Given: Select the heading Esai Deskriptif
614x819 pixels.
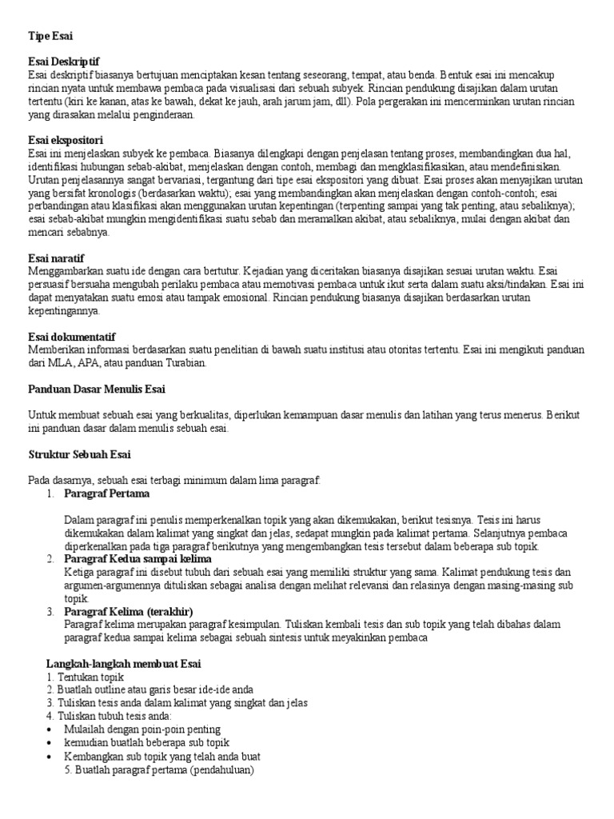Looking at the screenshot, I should [x=64, y=62].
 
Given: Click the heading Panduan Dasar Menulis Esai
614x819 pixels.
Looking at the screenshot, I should [x=96, y=389].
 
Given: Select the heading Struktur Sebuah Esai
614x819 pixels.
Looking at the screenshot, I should [x=79, y=454].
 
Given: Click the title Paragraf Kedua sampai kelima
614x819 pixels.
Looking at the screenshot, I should [x=138, y=559].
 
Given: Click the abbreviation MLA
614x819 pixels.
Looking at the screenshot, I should [x=74, y=362].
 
